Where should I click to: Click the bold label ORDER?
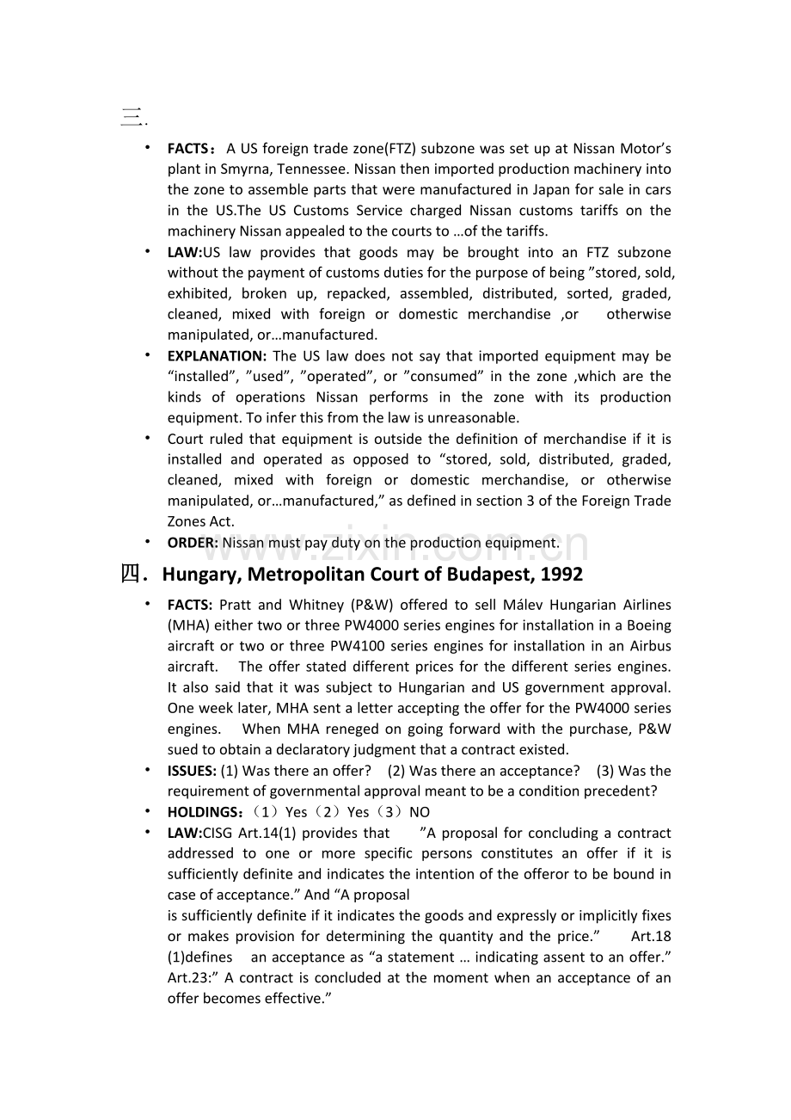193,543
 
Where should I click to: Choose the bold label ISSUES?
192,771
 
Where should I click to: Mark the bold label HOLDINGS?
202,812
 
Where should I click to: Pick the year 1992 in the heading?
561,575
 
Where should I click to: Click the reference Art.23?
187,978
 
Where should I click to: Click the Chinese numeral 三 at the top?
131,117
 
